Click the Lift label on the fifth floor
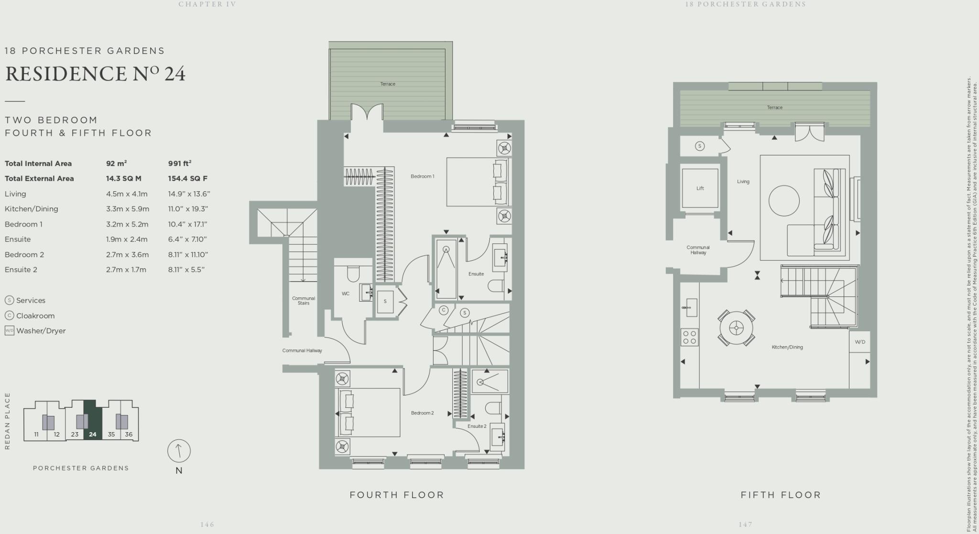[x=700, y=188]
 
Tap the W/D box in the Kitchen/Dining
[x=859, y=342]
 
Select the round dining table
[x=736, y=328]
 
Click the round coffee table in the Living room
[x=784, y=201]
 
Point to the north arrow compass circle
[x=179, y=451]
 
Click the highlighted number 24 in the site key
[x=93, y=435]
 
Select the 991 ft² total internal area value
[x=180, y=163]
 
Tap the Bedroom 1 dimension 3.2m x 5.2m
[x=127, y=224]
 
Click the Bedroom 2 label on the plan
[x=422, y=413]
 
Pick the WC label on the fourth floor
[x=346, y=294]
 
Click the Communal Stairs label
[x=304, y=301]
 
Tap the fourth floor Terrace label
[x=388, y=84]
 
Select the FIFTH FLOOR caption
[x=781, y=495]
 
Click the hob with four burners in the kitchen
[x=689, y=338]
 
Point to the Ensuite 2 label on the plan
[x=477, y=426]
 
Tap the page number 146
[x=207, y=524]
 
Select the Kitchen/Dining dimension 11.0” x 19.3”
[x=187, y=209]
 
